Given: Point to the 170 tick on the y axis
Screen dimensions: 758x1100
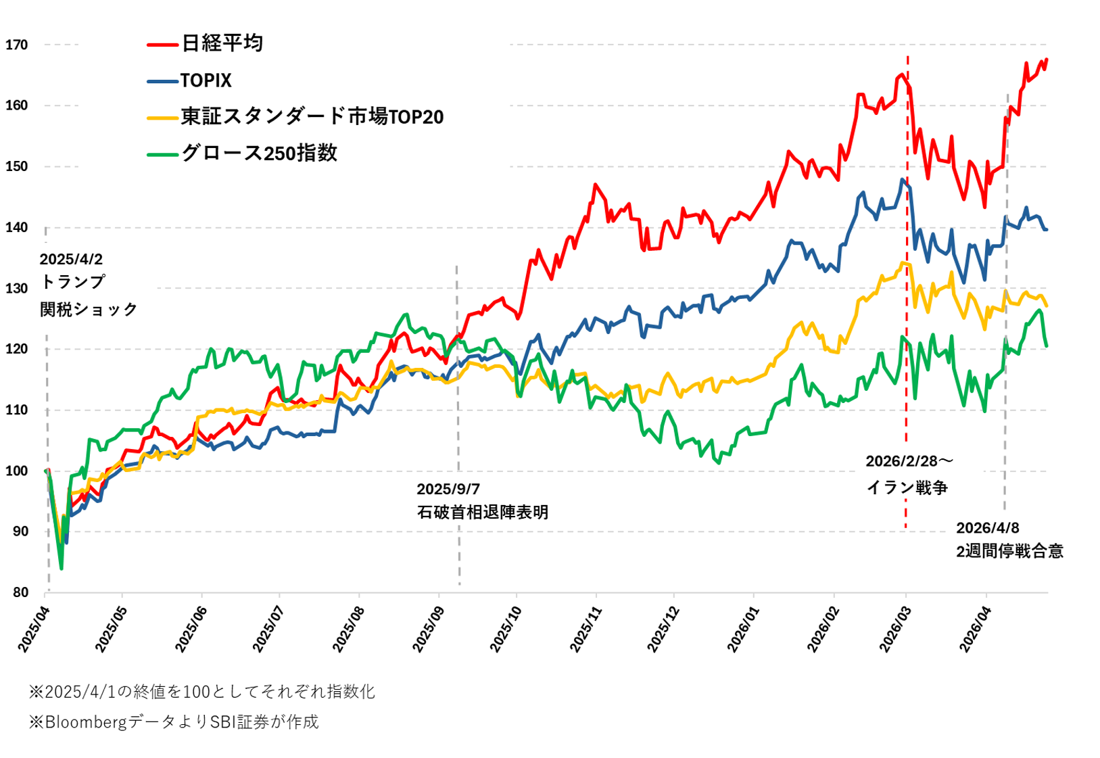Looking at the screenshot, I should [x=16, y=45].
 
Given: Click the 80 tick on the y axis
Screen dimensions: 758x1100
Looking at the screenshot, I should [x=20, y=593].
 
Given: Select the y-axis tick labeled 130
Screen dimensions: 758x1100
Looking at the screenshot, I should [x=16, y=289].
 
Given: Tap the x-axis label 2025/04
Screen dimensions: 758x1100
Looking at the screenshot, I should [x=34, y=630].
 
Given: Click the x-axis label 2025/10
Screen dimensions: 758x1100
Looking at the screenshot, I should [x=506, y=630].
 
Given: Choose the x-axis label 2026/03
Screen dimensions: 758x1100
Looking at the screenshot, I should [x=896, y=630].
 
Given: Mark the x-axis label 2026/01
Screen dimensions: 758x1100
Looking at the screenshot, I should [x=744, y=630].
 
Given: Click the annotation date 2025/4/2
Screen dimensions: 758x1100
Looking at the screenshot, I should [x=71, y=260].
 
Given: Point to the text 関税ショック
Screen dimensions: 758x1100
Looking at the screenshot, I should [x=89, y=310].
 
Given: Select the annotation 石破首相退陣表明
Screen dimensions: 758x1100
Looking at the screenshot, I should [x=482, y=513].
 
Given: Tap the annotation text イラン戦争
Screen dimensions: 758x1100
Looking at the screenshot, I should [x=907, y=488].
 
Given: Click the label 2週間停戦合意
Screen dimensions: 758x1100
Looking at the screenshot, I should [x=1009, y=552].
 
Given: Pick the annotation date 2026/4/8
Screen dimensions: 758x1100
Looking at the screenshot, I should [x=987, y=528].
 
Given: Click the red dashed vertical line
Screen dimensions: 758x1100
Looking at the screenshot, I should [x=907, y=406].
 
